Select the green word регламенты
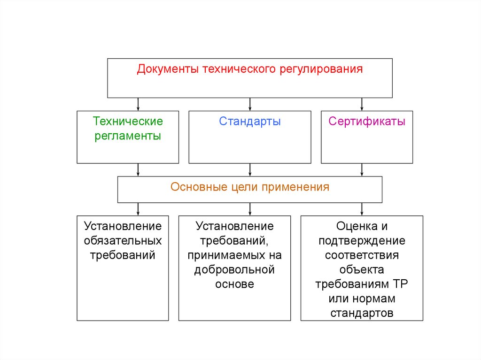click(x=128, y=137)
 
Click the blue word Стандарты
click(x=249, y=122)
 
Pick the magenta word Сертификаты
click(x=367, y=122)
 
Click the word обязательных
click(x=123, y=241)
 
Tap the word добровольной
click(x=234, y=270)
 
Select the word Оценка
click(x=354, y=227)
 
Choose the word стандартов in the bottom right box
click(x=362, y=313)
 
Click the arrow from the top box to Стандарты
click(x=250, y=104)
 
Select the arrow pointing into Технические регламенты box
click(x=138, y=104)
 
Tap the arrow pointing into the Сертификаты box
click(x=362, y=104)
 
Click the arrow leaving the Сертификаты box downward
click(x=362, y=169)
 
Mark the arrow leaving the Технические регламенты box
click(x=138, y=169)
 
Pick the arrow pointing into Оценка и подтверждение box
click(x=362, y=209)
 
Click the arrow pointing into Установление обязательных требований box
click(x=138, y=209)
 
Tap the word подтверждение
click(x=362, y=241)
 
